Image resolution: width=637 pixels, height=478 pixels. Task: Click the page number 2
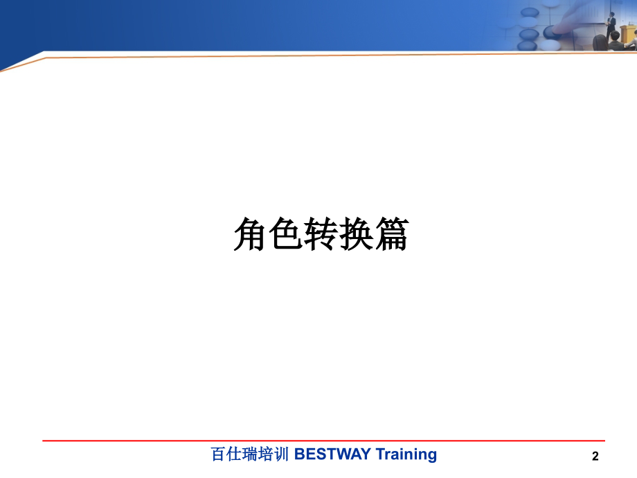coord(595,456)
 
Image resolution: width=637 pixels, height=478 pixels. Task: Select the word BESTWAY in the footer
coord(332,454)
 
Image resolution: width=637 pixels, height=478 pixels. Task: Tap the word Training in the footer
coord(406,455)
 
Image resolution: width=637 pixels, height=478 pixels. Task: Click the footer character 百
coord(218,454)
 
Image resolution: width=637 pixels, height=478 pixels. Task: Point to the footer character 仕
coord(234,454)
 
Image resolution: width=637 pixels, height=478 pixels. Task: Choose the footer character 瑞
coord(250,454)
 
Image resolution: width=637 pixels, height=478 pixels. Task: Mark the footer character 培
coord(266,454)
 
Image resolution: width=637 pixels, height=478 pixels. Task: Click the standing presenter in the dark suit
coord(611,24)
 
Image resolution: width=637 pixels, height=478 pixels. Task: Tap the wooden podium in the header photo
coord(628,37)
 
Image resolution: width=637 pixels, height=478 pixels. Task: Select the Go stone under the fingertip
coord(553,32)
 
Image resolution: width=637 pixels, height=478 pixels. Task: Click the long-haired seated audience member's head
coord(600,42)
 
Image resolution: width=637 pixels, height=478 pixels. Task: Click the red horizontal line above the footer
coord(323,441)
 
